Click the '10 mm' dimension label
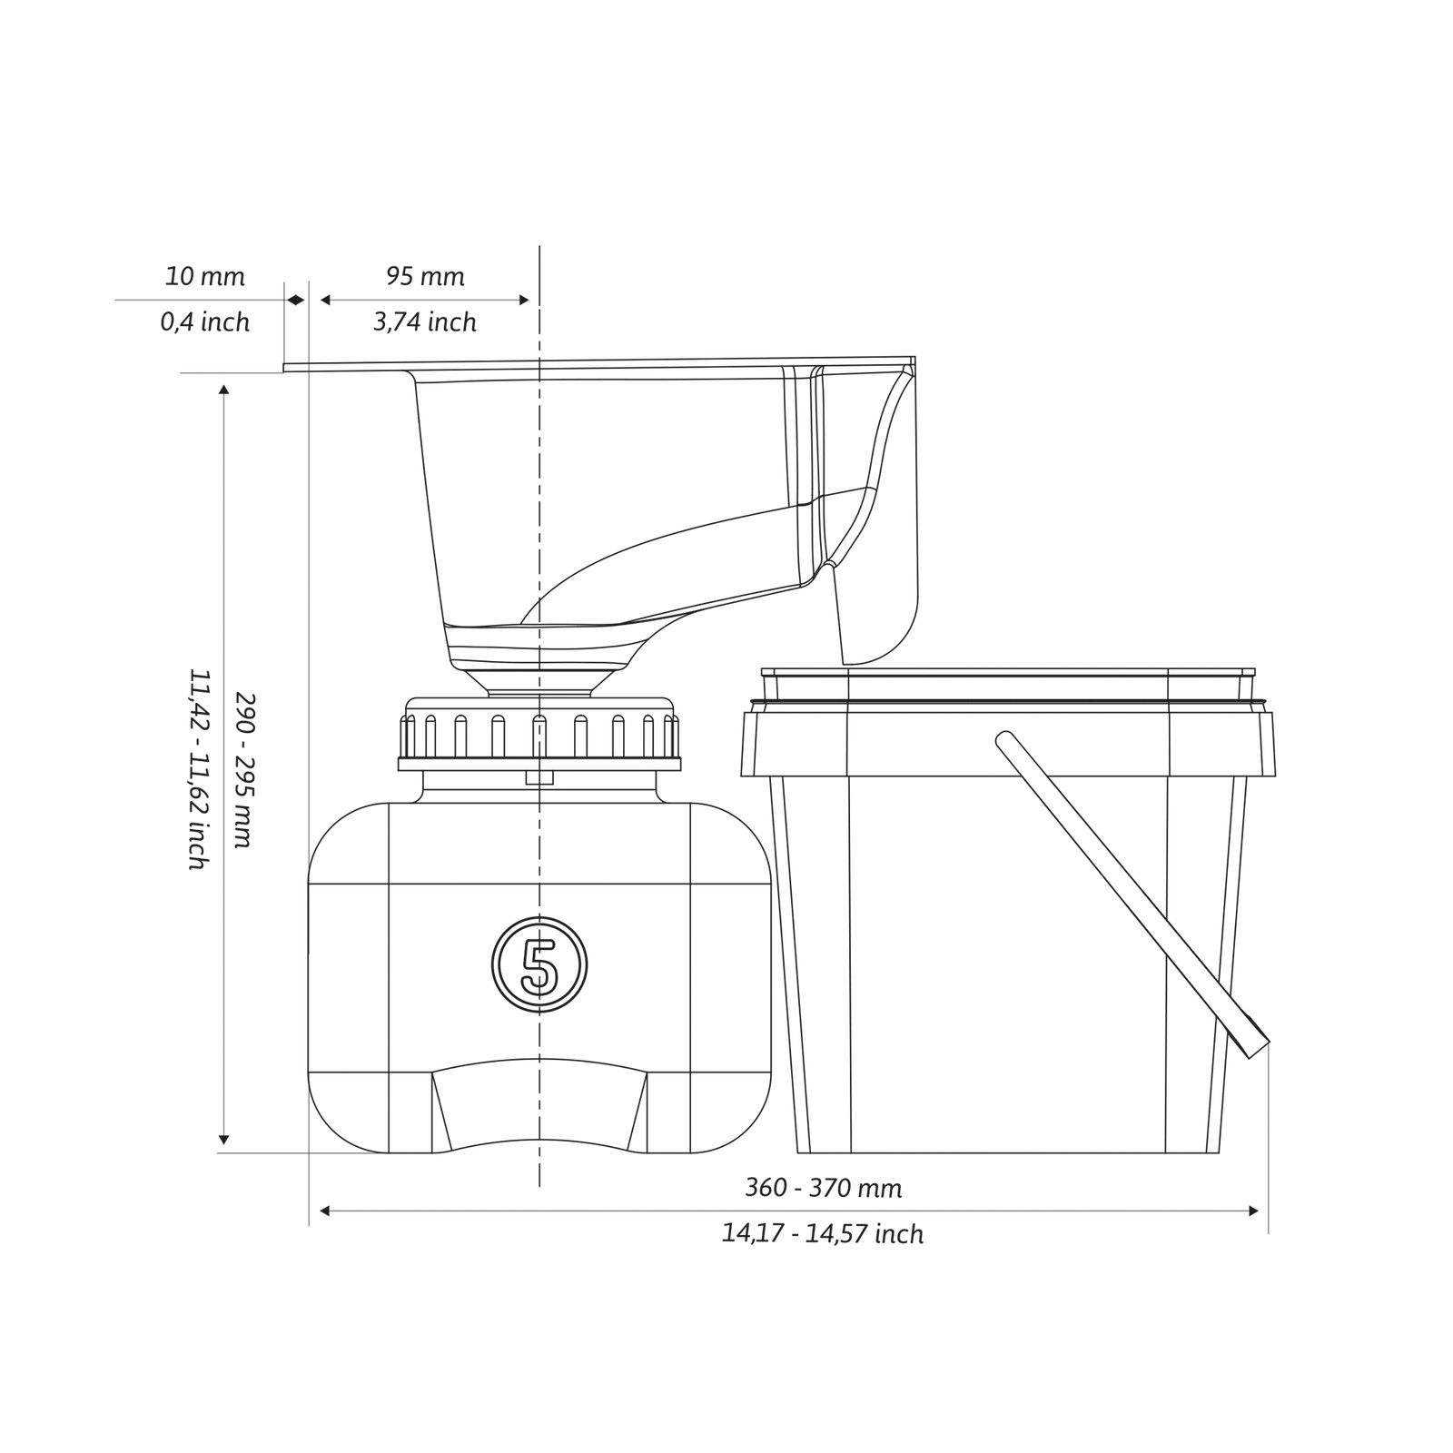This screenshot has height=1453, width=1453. pyautogui.click(x=204, y=276)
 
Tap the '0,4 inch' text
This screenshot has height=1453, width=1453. pyautogui.click(x=205, y=322)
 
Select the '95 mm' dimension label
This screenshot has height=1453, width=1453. pyautogui.click(x=425, y=276)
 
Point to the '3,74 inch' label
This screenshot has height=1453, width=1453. pyautogui.click(x=425, y=322)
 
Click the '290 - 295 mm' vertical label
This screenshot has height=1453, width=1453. pyautogui.click(x=244, y=770)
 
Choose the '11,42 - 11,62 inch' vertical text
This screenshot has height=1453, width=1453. pyautogui.click(x=199, y=770)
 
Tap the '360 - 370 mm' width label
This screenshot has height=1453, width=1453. pyautogui.click(x=824, y=1188)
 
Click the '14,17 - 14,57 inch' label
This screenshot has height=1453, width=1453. pyautogui.click(x=823, y=1234)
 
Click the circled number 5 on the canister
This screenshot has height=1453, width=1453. pyautogui.click(x=539, y=964)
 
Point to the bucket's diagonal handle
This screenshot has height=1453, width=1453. pyautogui.click(x=1132, y=895)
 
